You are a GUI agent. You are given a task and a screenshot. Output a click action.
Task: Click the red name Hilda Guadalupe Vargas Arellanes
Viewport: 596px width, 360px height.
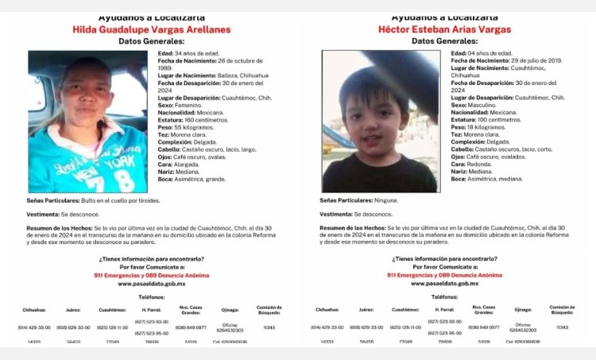click(151, 29)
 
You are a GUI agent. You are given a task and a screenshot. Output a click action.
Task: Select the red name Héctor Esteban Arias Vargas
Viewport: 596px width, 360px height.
click(445, 29)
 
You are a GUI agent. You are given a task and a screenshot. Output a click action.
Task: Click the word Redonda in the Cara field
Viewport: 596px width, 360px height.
click(481, 164)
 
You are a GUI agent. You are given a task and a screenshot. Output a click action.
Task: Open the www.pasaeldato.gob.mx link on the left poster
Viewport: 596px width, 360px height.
click(151, 283)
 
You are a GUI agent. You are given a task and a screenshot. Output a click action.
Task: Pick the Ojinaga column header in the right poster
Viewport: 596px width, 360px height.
click(522, 309)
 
